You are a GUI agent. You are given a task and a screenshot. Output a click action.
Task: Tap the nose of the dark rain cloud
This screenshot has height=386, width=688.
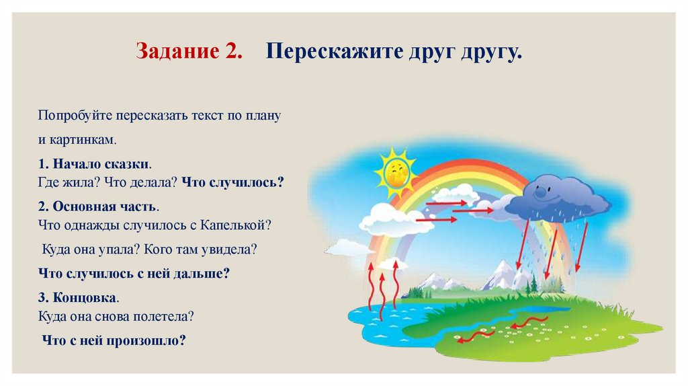(x=542, y=193)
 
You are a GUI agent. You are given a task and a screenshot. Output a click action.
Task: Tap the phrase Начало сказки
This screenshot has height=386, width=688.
(x=101, y=163)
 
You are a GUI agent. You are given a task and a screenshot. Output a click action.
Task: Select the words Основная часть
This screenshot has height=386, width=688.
(x=105, y=206)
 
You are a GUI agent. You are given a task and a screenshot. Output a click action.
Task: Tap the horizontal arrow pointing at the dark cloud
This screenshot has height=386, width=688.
(x=474, y=210)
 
